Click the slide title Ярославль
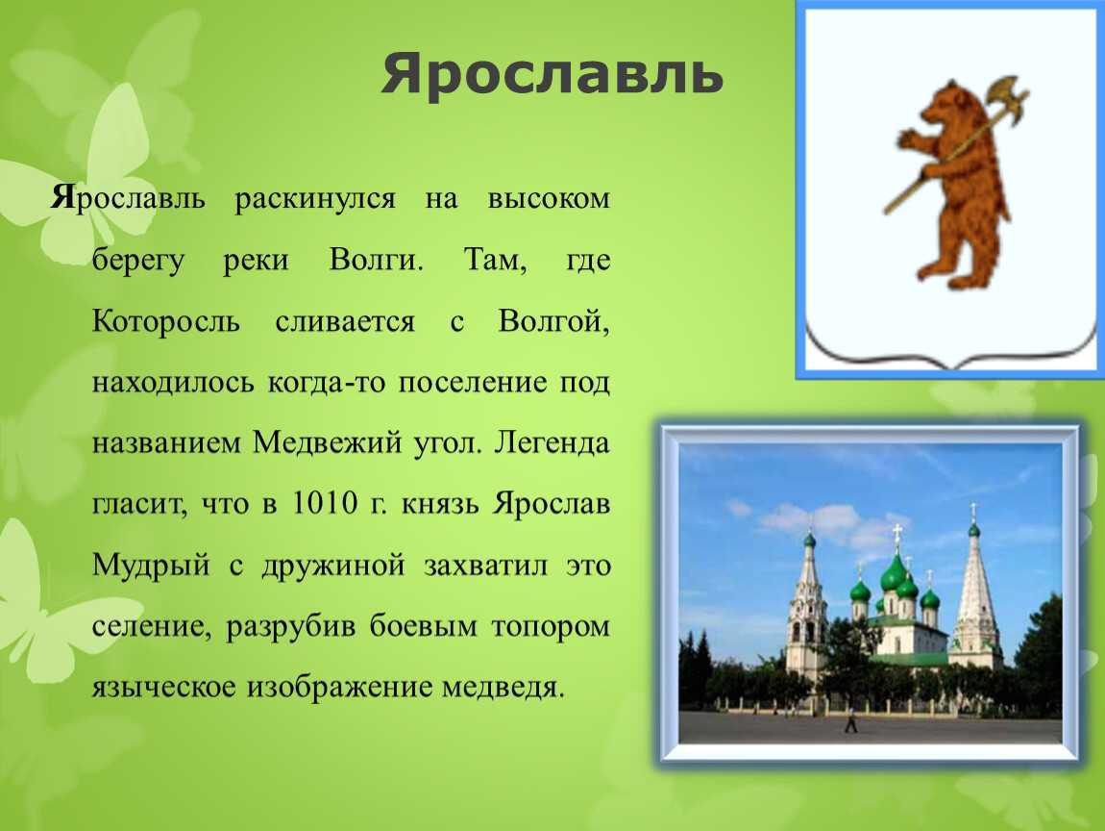pos(552,75)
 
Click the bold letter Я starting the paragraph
pos(62,199)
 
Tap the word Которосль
pos(165,321)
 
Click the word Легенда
pos(552,443)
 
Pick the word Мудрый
pos(151,566)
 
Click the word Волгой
pos(552,321)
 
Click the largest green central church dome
pos(894,573)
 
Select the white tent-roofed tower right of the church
pos(975,601)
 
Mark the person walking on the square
pos(850,721)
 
